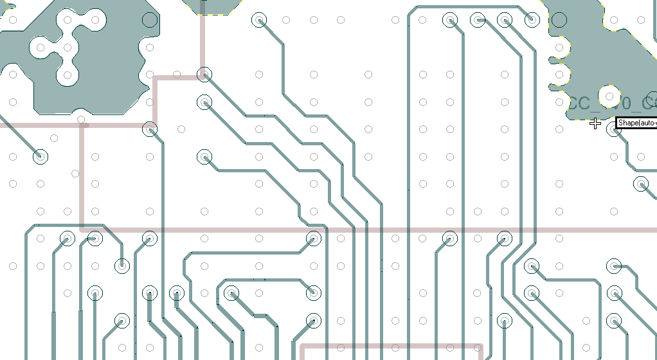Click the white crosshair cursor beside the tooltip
595,123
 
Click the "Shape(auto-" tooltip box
636,122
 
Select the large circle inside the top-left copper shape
149,20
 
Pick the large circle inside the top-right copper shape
559,20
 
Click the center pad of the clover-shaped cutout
67,48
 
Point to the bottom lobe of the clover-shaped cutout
67,75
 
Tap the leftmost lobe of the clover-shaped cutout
40,48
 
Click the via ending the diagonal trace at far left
40,156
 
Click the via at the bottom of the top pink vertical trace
204,75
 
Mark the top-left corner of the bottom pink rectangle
302,346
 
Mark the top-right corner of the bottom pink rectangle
481,346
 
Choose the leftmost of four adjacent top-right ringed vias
450,20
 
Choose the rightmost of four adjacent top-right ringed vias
532,20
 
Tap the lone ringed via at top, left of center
259,20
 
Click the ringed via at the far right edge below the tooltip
642,184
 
